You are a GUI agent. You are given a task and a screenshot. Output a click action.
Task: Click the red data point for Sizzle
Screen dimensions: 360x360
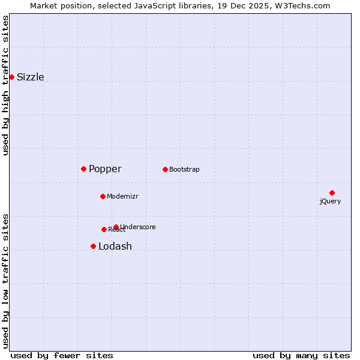(11, 77)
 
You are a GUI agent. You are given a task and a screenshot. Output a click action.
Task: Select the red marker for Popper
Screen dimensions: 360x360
(83, 169)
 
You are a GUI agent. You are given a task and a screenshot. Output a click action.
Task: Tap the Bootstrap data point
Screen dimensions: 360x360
(165, 169)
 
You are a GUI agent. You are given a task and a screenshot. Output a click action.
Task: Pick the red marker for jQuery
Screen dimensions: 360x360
(332, 193)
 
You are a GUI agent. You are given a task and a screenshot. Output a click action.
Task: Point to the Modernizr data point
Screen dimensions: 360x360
(103, 196)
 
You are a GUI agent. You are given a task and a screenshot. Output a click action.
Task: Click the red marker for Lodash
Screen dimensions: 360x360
(93, 246)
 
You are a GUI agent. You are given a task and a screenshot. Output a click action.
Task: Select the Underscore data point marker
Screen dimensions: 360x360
(116, 227)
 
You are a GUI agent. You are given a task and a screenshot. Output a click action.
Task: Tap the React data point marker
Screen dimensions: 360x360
(104, 229)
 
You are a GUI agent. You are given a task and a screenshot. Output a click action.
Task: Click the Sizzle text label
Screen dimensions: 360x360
(30, 77)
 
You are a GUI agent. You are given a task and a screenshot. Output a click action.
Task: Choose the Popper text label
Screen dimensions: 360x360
(105, 169)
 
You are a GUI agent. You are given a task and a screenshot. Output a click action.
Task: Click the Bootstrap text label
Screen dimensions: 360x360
(184, 170)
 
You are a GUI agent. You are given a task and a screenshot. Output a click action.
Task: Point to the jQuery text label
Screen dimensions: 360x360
(330, 202)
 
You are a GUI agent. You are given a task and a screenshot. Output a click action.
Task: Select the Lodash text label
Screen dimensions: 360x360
(115, 247)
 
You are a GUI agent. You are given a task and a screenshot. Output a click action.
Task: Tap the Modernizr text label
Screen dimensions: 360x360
(122, 197)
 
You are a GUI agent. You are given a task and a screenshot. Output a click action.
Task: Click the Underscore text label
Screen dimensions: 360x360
(138, 227)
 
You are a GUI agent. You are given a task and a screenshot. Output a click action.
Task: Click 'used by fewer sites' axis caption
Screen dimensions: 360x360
(62, 356)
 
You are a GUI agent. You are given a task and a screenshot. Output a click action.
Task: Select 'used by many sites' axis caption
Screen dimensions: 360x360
(301, 356)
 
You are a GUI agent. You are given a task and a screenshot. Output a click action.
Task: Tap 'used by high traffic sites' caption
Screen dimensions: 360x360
(5, 85)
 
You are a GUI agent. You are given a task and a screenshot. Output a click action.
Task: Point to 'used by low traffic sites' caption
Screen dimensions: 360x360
(5, 280)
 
